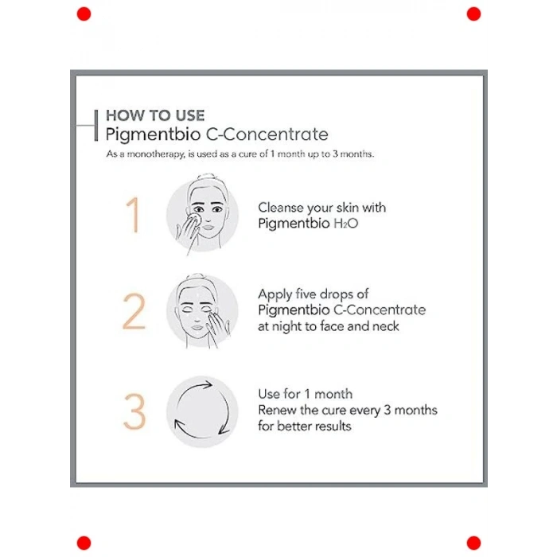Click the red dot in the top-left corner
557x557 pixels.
84,14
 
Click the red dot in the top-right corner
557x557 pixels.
473,14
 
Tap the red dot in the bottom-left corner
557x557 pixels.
84,543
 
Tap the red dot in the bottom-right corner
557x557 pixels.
473,543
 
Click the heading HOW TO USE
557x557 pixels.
155,116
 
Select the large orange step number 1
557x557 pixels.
133,215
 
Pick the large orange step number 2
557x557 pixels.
134,312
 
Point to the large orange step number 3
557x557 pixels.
134,411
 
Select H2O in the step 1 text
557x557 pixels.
345,224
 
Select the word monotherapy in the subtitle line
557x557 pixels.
156,154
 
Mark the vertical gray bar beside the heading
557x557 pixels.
96,126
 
